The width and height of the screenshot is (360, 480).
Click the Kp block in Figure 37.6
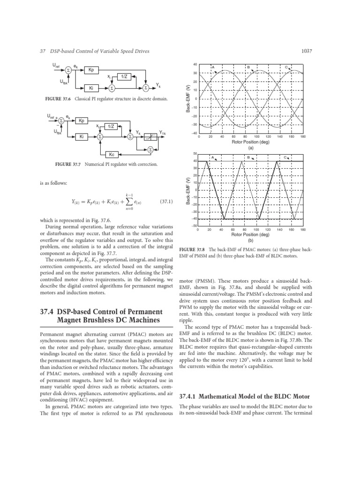coord(90,69)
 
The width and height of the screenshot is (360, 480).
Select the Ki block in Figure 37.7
coord(82,137)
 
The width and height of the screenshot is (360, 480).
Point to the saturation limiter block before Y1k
coord(150,137)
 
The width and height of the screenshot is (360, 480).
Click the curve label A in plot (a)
coord(213,67)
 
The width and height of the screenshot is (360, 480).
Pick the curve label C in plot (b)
coord(285,157)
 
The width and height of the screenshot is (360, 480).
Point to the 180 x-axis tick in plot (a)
coord(303,137)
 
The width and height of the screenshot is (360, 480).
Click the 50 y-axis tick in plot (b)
coord(195,154)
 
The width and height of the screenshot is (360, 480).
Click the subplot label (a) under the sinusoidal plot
coord(251,146)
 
